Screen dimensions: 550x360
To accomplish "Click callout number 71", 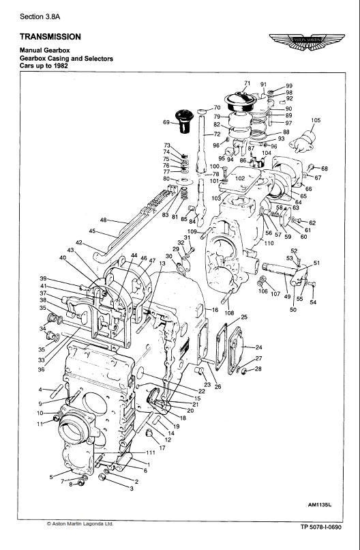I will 247,83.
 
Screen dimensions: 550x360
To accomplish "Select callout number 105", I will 315,120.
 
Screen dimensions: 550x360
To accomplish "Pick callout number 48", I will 103,220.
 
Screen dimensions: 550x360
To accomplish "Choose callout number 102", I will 239,178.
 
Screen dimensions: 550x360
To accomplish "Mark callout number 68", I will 325,169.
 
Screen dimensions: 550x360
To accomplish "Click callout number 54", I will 313,302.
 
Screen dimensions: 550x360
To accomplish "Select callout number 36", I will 42,369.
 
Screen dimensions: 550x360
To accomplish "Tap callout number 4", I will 42,390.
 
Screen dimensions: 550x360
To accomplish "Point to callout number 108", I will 230,313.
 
